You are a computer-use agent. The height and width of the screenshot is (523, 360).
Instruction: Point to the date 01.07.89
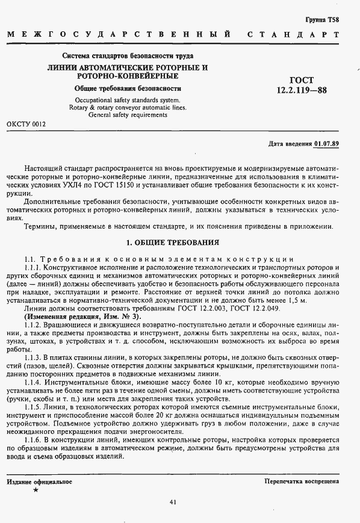[326, 144]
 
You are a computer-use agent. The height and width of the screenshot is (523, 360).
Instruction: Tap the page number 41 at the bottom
[173, 502]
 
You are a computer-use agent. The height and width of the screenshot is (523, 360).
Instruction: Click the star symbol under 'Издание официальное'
[36, 491]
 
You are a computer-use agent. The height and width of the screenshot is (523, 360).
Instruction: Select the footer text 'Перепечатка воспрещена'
[301, 482]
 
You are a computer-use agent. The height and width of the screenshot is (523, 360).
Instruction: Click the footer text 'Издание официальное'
[40, 482]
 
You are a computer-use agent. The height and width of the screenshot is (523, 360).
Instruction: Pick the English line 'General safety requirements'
[127, 115]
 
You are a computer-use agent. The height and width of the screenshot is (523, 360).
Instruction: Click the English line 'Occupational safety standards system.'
[127, 100]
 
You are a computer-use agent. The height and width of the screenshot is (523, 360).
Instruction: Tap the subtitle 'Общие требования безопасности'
[127, 88]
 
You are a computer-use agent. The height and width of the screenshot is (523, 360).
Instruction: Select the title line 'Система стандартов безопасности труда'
[127, 57]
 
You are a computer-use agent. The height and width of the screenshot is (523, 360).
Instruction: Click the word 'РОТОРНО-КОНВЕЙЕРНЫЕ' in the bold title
[127, 76]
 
